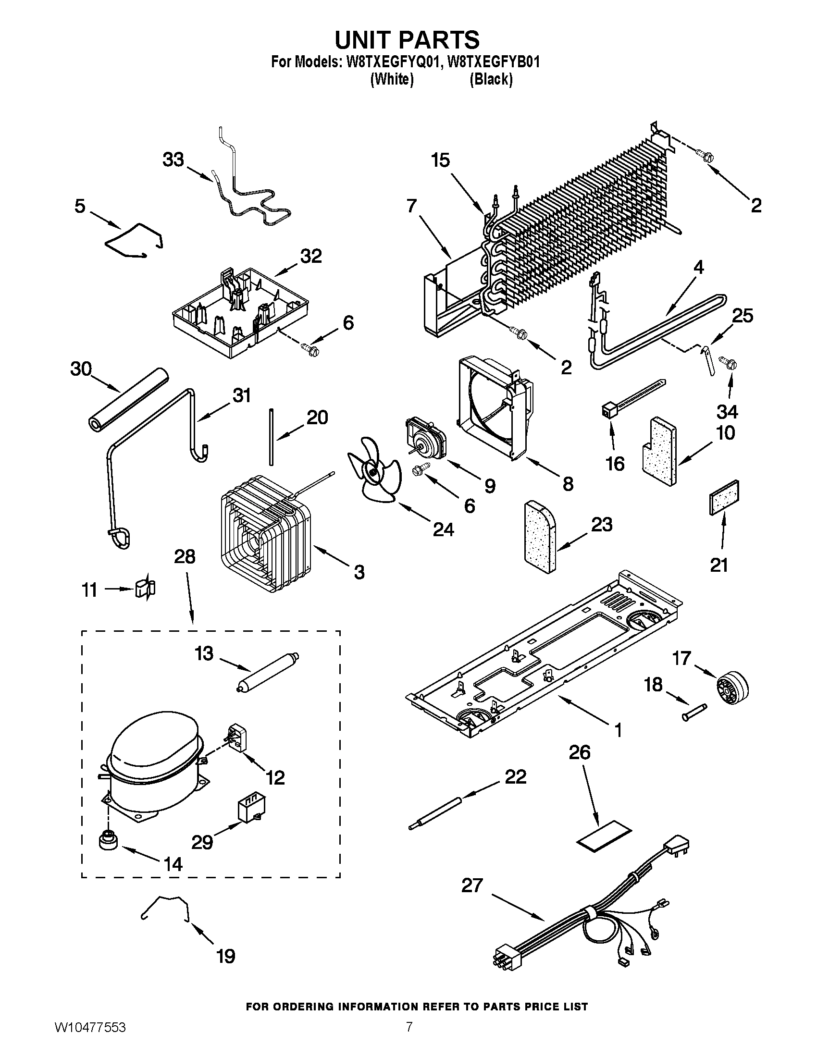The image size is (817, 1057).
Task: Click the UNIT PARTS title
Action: click(407, 40)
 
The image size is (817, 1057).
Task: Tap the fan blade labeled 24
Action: click(373, 470)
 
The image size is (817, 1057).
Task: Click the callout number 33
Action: click(173, 159)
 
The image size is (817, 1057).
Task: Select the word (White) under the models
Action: click(392, 79)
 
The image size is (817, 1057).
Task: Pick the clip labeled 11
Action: click(146, 589)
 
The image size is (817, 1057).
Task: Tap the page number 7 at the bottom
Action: click(409, 1037)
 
